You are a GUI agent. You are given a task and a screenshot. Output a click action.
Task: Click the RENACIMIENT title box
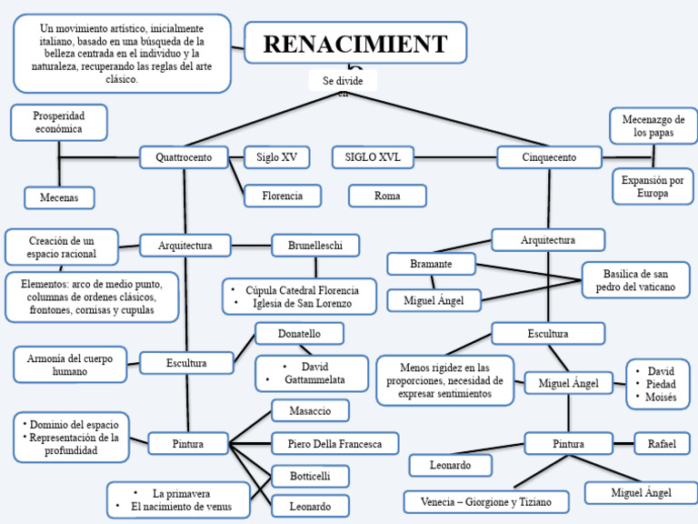point(355,44)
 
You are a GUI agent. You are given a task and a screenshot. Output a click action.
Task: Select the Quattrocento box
point(184,157)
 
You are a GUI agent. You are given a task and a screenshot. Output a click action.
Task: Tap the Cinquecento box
point(549,157)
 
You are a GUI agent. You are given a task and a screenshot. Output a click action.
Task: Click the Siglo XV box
point(276,157)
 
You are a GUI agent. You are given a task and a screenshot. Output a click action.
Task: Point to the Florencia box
point(283,196)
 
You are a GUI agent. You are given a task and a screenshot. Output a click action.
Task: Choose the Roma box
point(387,196)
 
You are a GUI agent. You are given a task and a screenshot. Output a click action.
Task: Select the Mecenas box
point(59,197)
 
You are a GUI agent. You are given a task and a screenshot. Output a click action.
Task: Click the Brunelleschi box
point(315,246)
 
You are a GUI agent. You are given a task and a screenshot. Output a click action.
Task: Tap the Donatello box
point(299,334)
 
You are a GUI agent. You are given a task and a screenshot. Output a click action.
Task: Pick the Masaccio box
point(310,411)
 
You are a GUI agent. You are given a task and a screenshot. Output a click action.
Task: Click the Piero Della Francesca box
point(335,444)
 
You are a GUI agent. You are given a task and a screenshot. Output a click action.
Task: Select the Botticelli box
point(310,476)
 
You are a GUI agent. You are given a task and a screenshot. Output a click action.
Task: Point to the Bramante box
point(431,264)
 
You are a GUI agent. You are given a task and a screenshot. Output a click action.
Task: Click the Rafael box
point(662,443)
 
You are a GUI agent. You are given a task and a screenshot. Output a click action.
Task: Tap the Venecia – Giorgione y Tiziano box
point(485,501)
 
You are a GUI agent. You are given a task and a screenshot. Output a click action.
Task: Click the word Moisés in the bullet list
point(661,398)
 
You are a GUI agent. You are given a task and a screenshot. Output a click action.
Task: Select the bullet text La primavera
point(181,493)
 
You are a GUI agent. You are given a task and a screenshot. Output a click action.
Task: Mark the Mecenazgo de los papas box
point(653,126)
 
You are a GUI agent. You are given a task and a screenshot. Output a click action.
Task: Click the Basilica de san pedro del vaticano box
point(635,279)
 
